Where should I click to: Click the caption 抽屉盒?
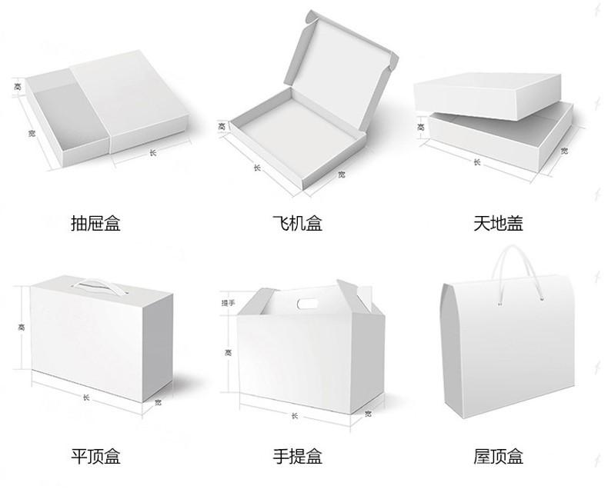95,224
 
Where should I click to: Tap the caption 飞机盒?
296,224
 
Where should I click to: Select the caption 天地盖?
498,224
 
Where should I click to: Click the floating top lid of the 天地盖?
489,95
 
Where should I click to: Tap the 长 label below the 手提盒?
295,416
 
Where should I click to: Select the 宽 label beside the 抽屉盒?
32,133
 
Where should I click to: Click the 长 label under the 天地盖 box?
477,163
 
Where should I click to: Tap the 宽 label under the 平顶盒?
158,403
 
